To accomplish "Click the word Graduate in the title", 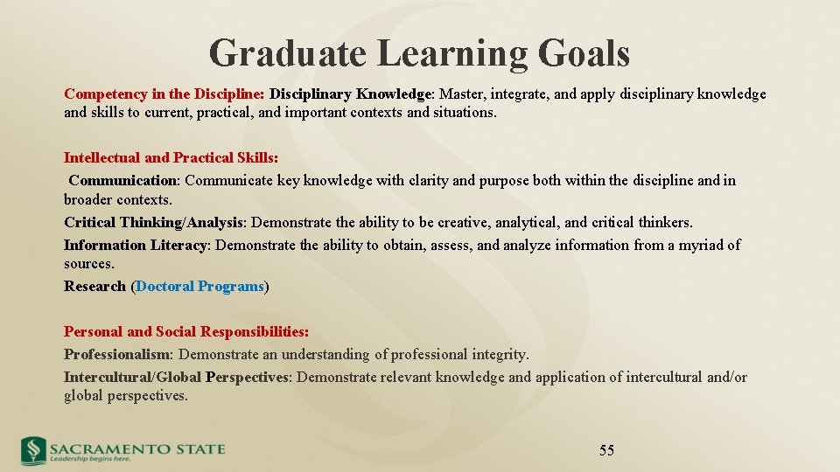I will [288, 53].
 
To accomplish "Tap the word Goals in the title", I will [584, 53].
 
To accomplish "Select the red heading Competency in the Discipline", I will [164, 94].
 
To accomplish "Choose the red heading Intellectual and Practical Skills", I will [171, 158].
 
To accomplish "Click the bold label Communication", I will [122, 181].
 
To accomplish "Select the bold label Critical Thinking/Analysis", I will [154, 223].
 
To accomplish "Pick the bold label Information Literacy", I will [136, 246].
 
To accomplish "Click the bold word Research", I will [94, 287].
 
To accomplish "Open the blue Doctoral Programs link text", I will [199, 287].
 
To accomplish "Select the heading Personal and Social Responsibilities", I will [185, 332].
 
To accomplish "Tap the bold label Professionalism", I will [117, 355].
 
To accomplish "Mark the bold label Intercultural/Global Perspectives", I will [176, 378].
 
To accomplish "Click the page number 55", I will [606, 451].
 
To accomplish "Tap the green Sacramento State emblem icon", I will [33, 450].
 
